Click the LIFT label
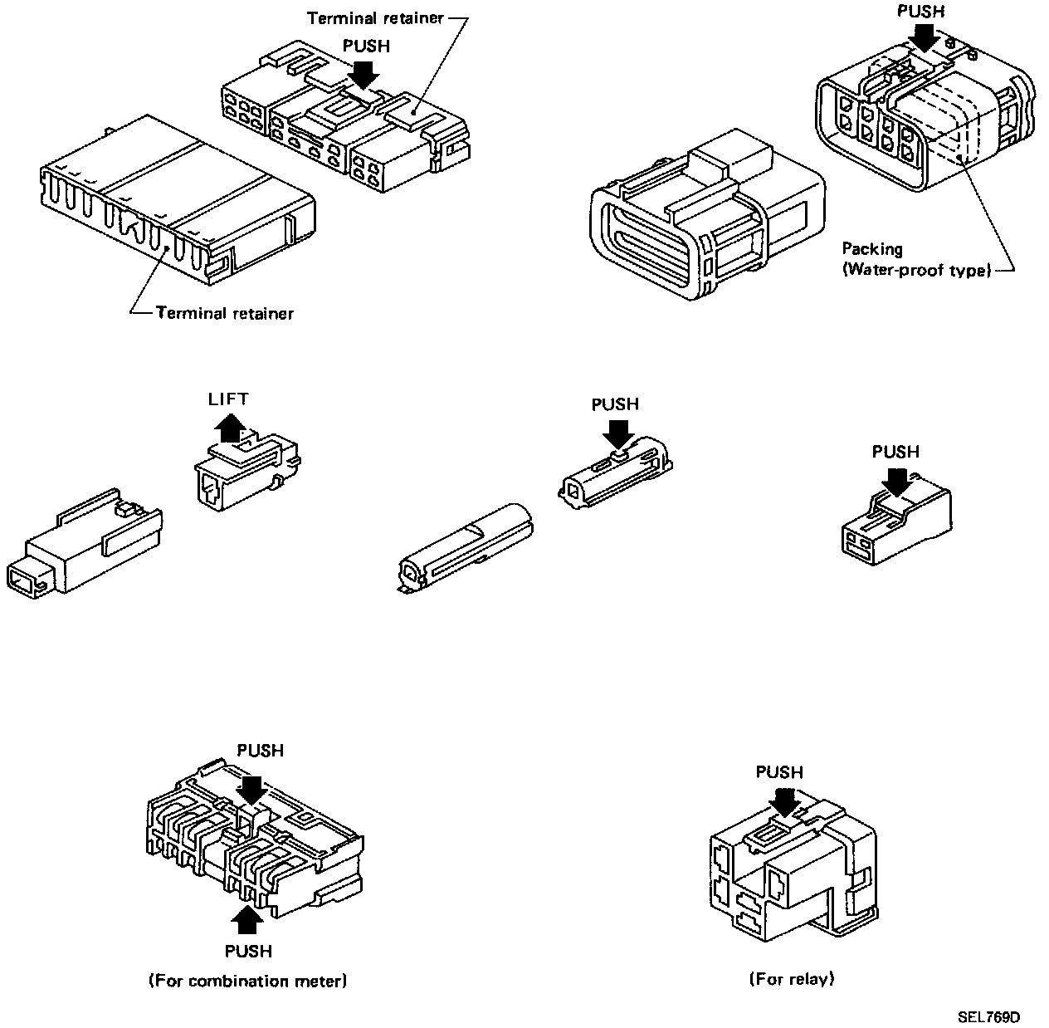pos(228,399)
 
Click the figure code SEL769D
pos(988,1017)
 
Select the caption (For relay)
pos(791,979)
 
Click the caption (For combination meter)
pos(247,981)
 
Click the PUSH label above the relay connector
pos(779,772)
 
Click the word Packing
pos(872,248)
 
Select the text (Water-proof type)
pos(918,270)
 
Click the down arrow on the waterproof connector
pos(922,35)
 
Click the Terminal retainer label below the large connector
pos(224,313)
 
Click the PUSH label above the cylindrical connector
pos(615,404)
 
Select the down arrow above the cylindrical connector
pos(616,433)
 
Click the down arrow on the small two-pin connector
pos(895,481)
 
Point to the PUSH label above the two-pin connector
pos(895,452)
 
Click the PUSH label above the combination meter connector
pos(260,751)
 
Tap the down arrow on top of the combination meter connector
pos(253,788)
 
